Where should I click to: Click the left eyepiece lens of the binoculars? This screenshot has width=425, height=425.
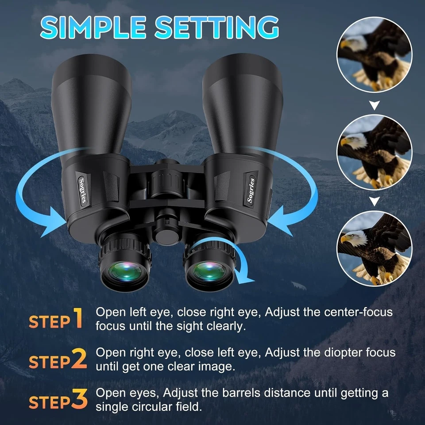click(122, 271)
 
